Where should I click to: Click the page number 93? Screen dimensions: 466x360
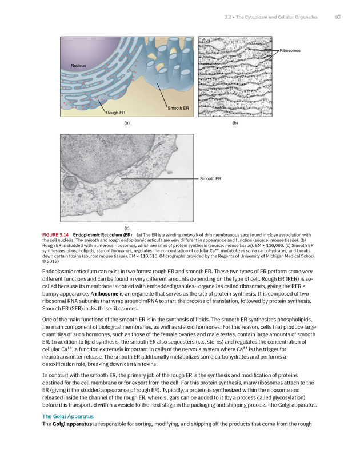click(x=338, y=18)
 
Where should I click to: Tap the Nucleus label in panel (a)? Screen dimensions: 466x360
click(x=79, y=66)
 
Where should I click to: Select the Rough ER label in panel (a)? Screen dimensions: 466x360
click(x=115, y=112)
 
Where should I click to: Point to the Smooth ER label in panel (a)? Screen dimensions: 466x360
click(x=177, y=108)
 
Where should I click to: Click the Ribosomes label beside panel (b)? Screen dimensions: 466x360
click(x=290, y=50)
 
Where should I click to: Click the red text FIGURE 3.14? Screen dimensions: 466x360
click(x=57, y=234)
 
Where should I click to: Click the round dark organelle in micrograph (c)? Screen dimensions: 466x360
click(x=69, y=183)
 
